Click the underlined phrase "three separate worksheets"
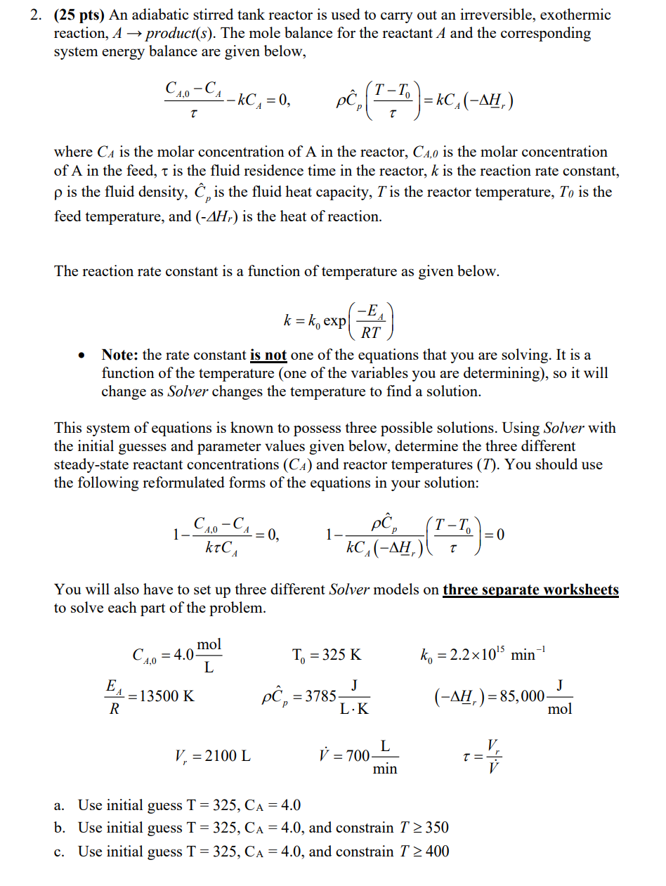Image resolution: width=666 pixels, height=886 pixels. tap(530, 589)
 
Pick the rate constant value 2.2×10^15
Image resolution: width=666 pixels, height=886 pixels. tap(473, 655)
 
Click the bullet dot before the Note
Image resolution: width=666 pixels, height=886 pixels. tap(83, 356)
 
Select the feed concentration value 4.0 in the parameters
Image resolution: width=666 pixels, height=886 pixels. tap(183, 655)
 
